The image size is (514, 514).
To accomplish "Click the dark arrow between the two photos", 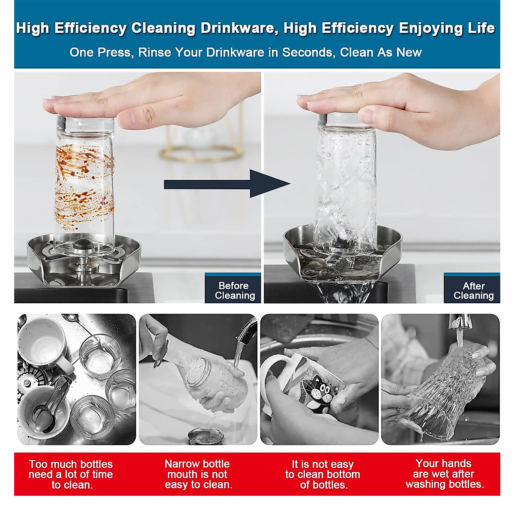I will pos(227,184).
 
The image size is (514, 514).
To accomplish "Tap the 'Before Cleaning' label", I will pos(234,291).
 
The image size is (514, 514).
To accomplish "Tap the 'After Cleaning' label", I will pos(473,291).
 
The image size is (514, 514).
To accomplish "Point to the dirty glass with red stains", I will pos(84,180).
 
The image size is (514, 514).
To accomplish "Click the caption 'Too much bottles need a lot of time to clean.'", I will pos(71,474).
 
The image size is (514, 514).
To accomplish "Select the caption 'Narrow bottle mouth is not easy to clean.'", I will pos(198,474).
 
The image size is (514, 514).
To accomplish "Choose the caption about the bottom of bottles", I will pos(323,474).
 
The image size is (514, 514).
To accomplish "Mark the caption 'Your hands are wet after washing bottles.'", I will pos(444,474).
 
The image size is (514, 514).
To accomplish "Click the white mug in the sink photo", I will pos(43,343).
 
